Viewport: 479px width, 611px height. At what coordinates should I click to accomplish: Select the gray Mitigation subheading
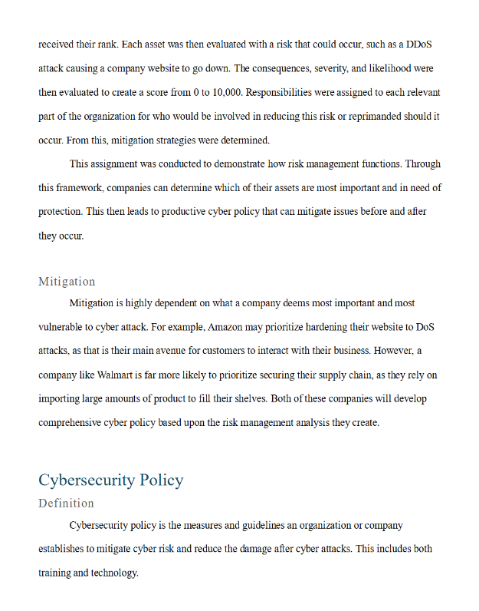click(x=67, y=282)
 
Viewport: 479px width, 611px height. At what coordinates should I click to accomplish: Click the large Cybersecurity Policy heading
click(x=110, y=480)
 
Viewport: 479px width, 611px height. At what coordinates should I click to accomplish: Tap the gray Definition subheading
click(x=66, y=504)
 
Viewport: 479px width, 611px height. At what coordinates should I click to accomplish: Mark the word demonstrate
click(x=224, y=164)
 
